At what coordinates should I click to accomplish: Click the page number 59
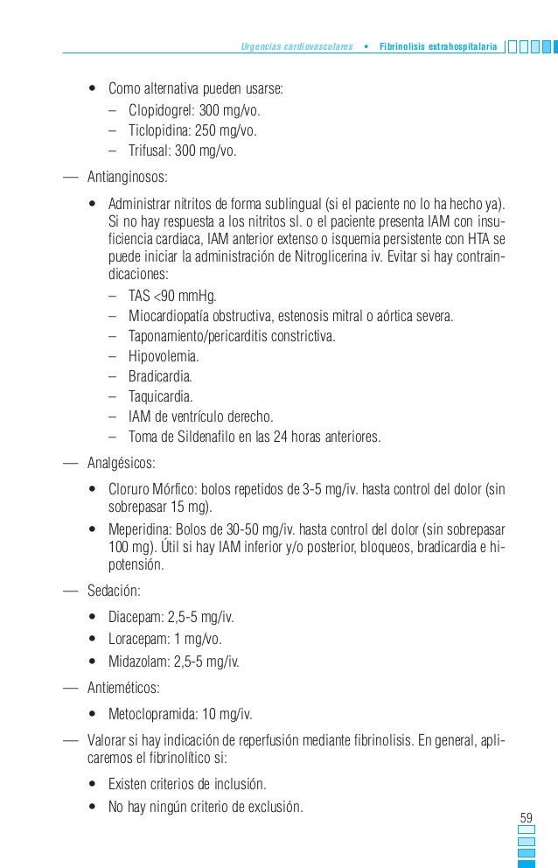pyautogui.click(x=527, y=817)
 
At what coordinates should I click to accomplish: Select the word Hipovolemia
pyautogui.click(x=163, y=357)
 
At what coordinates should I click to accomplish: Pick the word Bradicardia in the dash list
pyautogui.click(x=159, y=377)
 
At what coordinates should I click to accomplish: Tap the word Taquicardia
pyautogui.click(x=161, y=396)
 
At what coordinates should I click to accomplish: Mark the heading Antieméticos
pyautogui.click(x=123, y=687)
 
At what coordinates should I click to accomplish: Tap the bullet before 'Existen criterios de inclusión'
pyautogui.click(x=92, y=783)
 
